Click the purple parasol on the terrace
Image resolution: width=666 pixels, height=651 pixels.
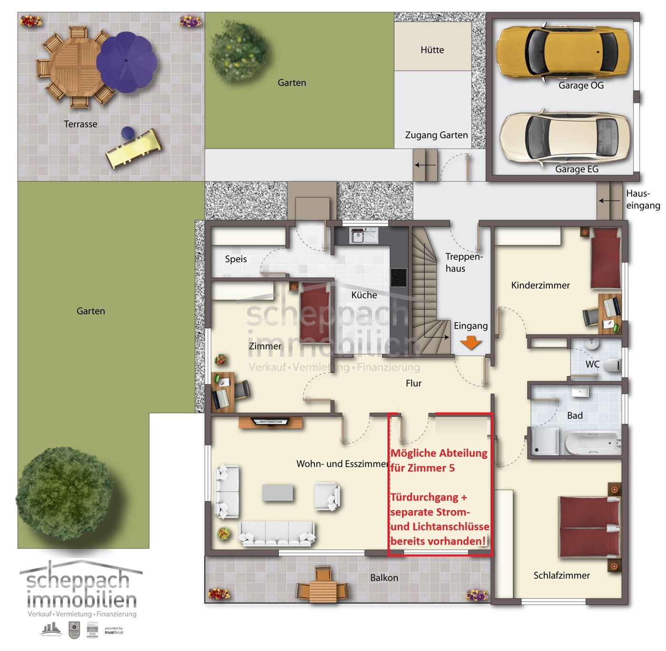[x=126, y=62]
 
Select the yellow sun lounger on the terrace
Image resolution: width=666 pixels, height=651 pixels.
[x=134, y=148]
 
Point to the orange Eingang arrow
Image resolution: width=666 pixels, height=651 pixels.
[x=471, y=342]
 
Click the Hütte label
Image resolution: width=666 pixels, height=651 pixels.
[x=432, y=50]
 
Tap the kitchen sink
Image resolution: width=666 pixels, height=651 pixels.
[x=363, y=235]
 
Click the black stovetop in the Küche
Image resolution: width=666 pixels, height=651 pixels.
[x=398, y=277]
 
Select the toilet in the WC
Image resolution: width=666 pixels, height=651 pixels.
[x=613, y=365]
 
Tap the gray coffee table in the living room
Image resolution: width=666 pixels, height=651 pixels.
[x=278, y=492]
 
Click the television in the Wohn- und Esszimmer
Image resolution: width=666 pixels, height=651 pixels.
[x=270, y=421]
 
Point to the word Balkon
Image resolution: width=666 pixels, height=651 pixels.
[x=384, y=578]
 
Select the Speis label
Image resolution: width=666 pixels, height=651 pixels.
[x=236, y=259]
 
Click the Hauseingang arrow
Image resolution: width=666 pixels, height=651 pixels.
[x=609, y=200]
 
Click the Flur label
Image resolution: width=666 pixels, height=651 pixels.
[x=413, y=383]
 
